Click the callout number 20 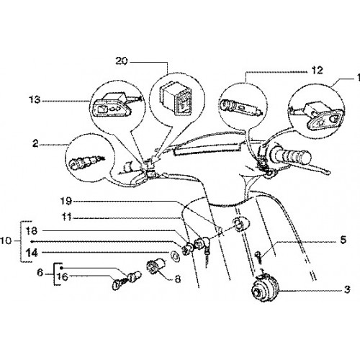(122, 61)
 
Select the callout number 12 (318, 71)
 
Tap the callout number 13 (35, 99)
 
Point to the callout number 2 (35, 144)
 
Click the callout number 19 (66, 201)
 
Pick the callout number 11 (66, 217)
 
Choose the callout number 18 (32, 231)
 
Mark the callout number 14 (32, 253)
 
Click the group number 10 (6, 240)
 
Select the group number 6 (40, 273)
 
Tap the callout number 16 (63, 276)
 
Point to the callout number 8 (178, 279)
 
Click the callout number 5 (343, 240)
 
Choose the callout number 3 (347, 289)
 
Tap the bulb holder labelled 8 (156, 266)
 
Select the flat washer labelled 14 (176, 256)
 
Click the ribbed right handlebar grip (290, 156)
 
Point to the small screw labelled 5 (258, 257)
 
